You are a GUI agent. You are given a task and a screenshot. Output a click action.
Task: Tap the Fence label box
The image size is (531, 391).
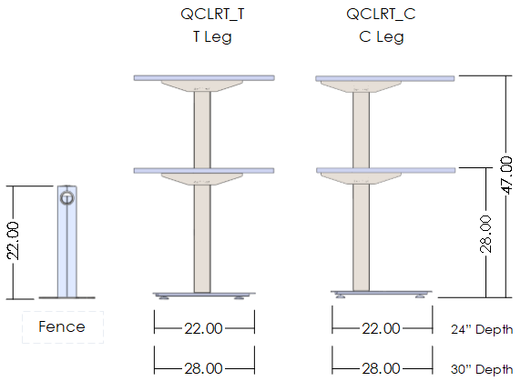63,327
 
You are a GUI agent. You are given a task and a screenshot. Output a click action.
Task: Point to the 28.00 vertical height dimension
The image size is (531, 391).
486,233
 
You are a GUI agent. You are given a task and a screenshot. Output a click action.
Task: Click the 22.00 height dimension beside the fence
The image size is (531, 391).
14,241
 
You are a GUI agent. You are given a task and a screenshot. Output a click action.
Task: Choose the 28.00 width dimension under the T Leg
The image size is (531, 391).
204,367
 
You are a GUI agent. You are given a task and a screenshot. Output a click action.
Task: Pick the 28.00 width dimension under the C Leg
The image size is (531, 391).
381,367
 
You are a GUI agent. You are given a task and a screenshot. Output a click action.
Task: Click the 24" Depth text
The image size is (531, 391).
482,329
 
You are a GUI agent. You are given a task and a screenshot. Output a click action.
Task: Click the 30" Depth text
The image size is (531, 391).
482,369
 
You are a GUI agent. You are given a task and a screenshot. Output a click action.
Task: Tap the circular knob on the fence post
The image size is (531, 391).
66,197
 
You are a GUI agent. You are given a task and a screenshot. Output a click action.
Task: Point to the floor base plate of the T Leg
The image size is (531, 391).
204,294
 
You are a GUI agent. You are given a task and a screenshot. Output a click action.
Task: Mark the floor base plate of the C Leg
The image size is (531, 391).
381,294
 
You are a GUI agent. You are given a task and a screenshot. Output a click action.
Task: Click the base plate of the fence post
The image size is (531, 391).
66,297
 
